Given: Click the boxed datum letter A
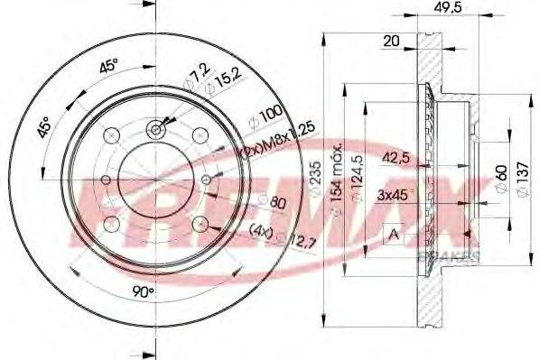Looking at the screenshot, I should (394, 235).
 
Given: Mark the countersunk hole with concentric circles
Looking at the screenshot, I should (155, 131).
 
